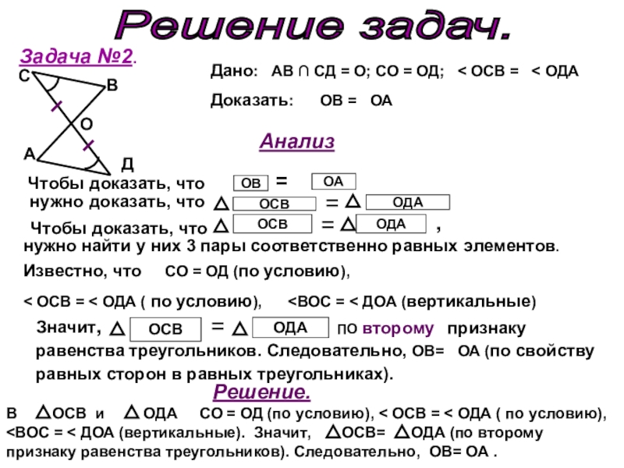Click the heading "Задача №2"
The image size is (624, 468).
(77, 57)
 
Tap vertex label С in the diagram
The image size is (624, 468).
(24, 76)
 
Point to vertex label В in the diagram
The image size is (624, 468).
(112, 89)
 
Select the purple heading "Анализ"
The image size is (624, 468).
(296, 142)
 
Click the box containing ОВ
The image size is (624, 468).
(250, 183)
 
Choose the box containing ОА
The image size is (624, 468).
(333, 182)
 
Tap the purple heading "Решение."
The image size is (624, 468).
(262, 391)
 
